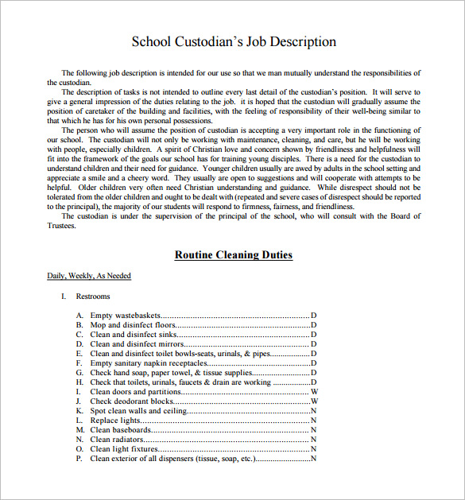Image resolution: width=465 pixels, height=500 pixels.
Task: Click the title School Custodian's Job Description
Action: coord(233,42)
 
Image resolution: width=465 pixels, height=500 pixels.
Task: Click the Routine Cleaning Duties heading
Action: coord(233,255)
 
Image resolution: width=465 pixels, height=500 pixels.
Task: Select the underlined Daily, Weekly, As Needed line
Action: coord(89,276)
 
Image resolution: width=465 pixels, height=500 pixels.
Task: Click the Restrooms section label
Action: coord(93,297)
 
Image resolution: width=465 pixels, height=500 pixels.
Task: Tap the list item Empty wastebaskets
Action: coord(124,316)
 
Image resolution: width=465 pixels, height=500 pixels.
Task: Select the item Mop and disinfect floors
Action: coord(133,325)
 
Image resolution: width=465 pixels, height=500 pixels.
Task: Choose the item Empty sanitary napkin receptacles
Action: coord(143,363)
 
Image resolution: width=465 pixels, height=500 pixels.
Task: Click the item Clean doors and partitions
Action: coord(135,392)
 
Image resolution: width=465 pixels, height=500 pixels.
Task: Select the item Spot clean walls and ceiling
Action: coord(138,411)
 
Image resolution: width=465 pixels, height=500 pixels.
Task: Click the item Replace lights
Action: coord(115,421)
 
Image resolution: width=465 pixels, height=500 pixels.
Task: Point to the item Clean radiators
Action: coord(118,440)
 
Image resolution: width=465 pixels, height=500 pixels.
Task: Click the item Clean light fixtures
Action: coord(123,449)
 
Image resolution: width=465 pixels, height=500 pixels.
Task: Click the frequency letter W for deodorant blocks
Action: coord(314,401)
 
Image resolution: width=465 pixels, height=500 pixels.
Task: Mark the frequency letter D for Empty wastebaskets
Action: coord(313,316)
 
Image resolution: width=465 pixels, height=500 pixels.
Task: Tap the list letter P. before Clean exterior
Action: coord(79,459)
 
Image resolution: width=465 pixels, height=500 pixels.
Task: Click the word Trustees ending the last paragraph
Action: coord(61,226)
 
